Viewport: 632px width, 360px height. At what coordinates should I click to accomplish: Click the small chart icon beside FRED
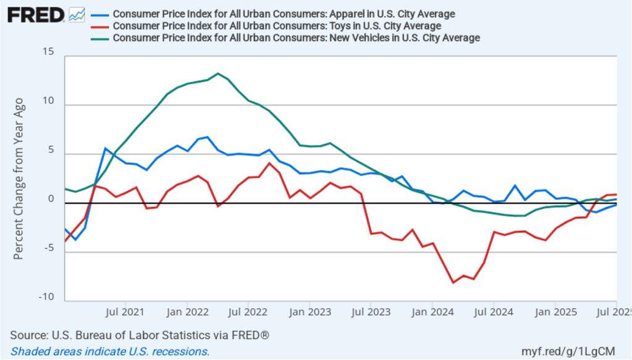[77, 14]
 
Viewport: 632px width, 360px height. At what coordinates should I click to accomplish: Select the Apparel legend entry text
[284, 14]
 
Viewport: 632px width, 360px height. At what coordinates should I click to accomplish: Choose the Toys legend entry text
[277, 26]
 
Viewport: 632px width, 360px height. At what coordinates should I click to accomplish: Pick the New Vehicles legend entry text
[297, 38]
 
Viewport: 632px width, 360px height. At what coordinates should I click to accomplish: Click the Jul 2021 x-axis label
[125, 311]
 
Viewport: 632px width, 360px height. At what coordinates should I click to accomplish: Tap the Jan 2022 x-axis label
[187, 311]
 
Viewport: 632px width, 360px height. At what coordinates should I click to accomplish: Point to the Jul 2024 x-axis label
[494, 311]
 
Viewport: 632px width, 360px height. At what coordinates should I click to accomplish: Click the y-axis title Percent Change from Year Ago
[19, 178]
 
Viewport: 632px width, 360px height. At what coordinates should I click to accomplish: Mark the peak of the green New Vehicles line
[217, 73]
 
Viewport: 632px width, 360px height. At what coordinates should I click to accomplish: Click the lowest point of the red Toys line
[453, 282]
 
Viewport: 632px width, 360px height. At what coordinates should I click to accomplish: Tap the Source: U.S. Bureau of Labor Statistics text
[140, 335]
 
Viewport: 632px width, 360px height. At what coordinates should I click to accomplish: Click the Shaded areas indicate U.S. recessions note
[109, 351]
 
